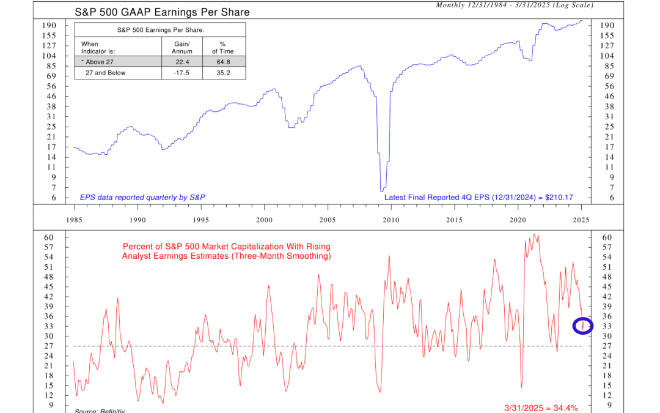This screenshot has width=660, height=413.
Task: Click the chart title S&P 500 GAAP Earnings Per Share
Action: tap(162, 12)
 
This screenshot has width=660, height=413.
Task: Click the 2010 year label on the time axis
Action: tap(391, 219)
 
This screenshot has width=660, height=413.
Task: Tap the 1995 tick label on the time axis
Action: tap(200, 219)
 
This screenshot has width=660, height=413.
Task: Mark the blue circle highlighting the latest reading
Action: tap(582, 326)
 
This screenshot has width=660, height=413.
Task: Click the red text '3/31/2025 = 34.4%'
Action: tap(538, 407)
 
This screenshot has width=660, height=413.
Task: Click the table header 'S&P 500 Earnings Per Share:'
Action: tap(159, 29)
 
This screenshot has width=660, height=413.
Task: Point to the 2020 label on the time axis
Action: tap(518, 219)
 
